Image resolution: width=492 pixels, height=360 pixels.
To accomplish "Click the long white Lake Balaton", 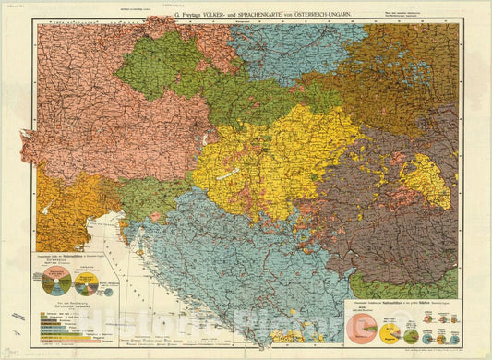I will pos(239,173).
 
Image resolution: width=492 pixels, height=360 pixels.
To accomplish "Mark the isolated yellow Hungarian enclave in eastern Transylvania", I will pos(426,180).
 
